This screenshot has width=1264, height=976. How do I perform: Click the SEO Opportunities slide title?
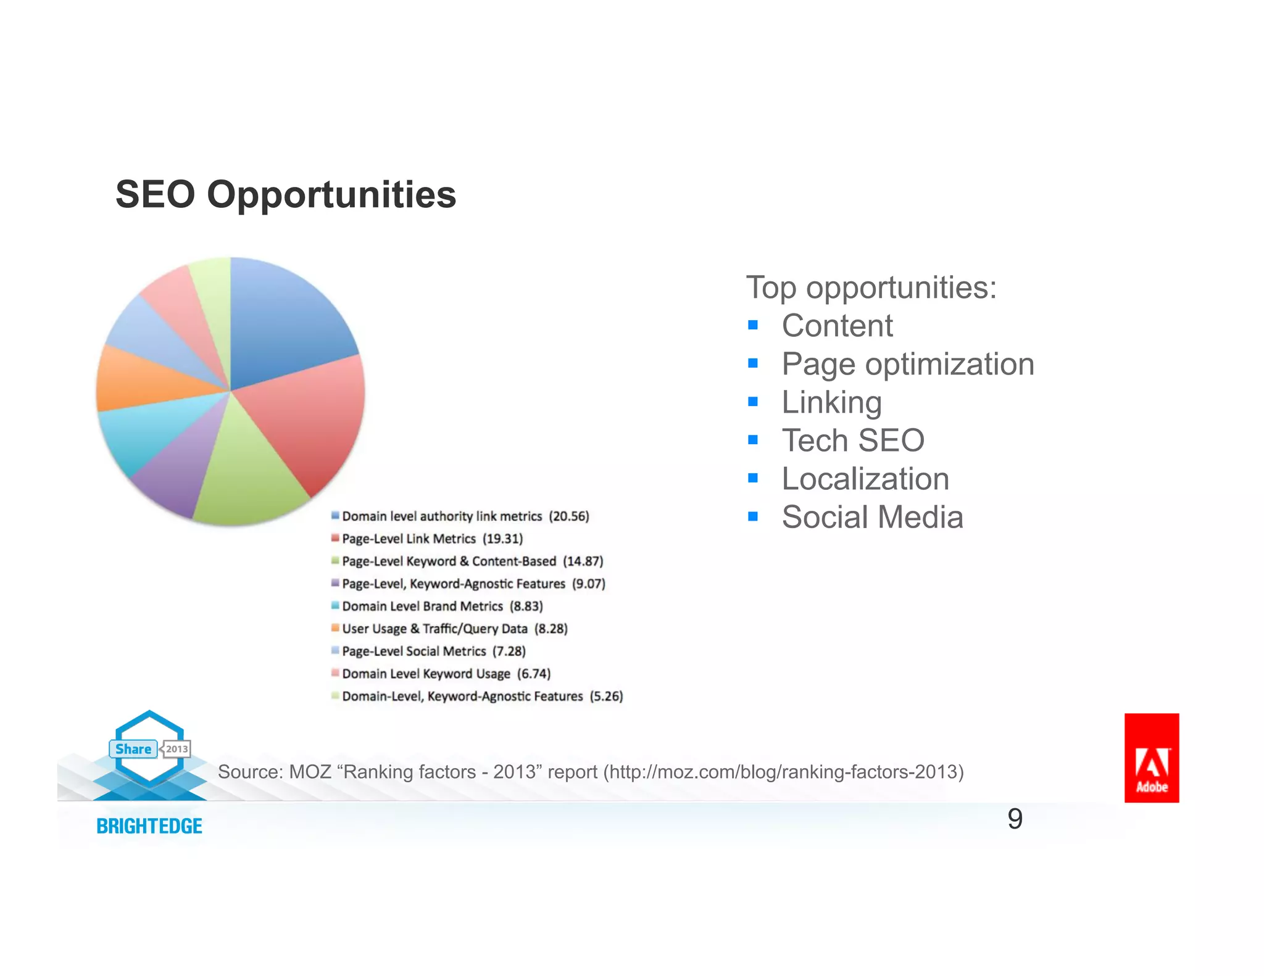click(x=286, y=195)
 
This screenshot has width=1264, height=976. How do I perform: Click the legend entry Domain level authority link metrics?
click(x=441, y=516)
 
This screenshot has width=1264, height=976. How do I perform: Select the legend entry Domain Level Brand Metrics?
click(x=422, y=606)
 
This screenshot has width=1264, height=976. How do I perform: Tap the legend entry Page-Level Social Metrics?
click(x=414, y=651)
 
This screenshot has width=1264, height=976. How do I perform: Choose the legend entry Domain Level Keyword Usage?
click(x=426, y=674)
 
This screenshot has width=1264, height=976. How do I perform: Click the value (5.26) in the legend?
click(x=606, y=697)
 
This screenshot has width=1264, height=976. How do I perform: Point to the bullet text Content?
click(x=837, y=326)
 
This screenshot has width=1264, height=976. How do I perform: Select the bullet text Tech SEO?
click(x=853, y=440)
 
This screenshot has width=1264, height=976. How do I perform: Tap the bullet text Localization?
click(x=865, y=479)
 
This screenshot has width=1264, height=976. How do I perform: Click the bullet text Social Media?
click(x=872, y=517)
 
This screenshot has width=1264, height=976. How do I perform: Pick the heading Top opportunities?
click(x=871, y=287)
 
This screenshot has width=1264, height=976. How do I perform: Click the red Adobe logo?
click(x=1151, y=758)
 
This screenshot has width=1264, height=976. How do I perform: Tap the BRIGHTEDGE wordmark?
click(x=149, y=826)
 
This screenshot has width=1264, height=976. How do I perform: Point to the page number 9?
click(x=1015, y=819)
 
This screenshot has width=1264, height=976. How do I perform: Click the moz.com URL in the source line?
click(x=783, y=772)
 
